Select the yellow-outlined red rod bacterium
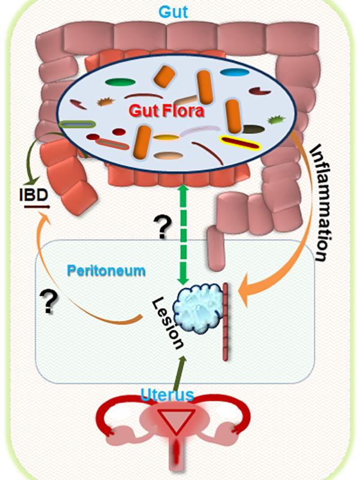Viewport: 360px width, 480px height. [x=239, y=142]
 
